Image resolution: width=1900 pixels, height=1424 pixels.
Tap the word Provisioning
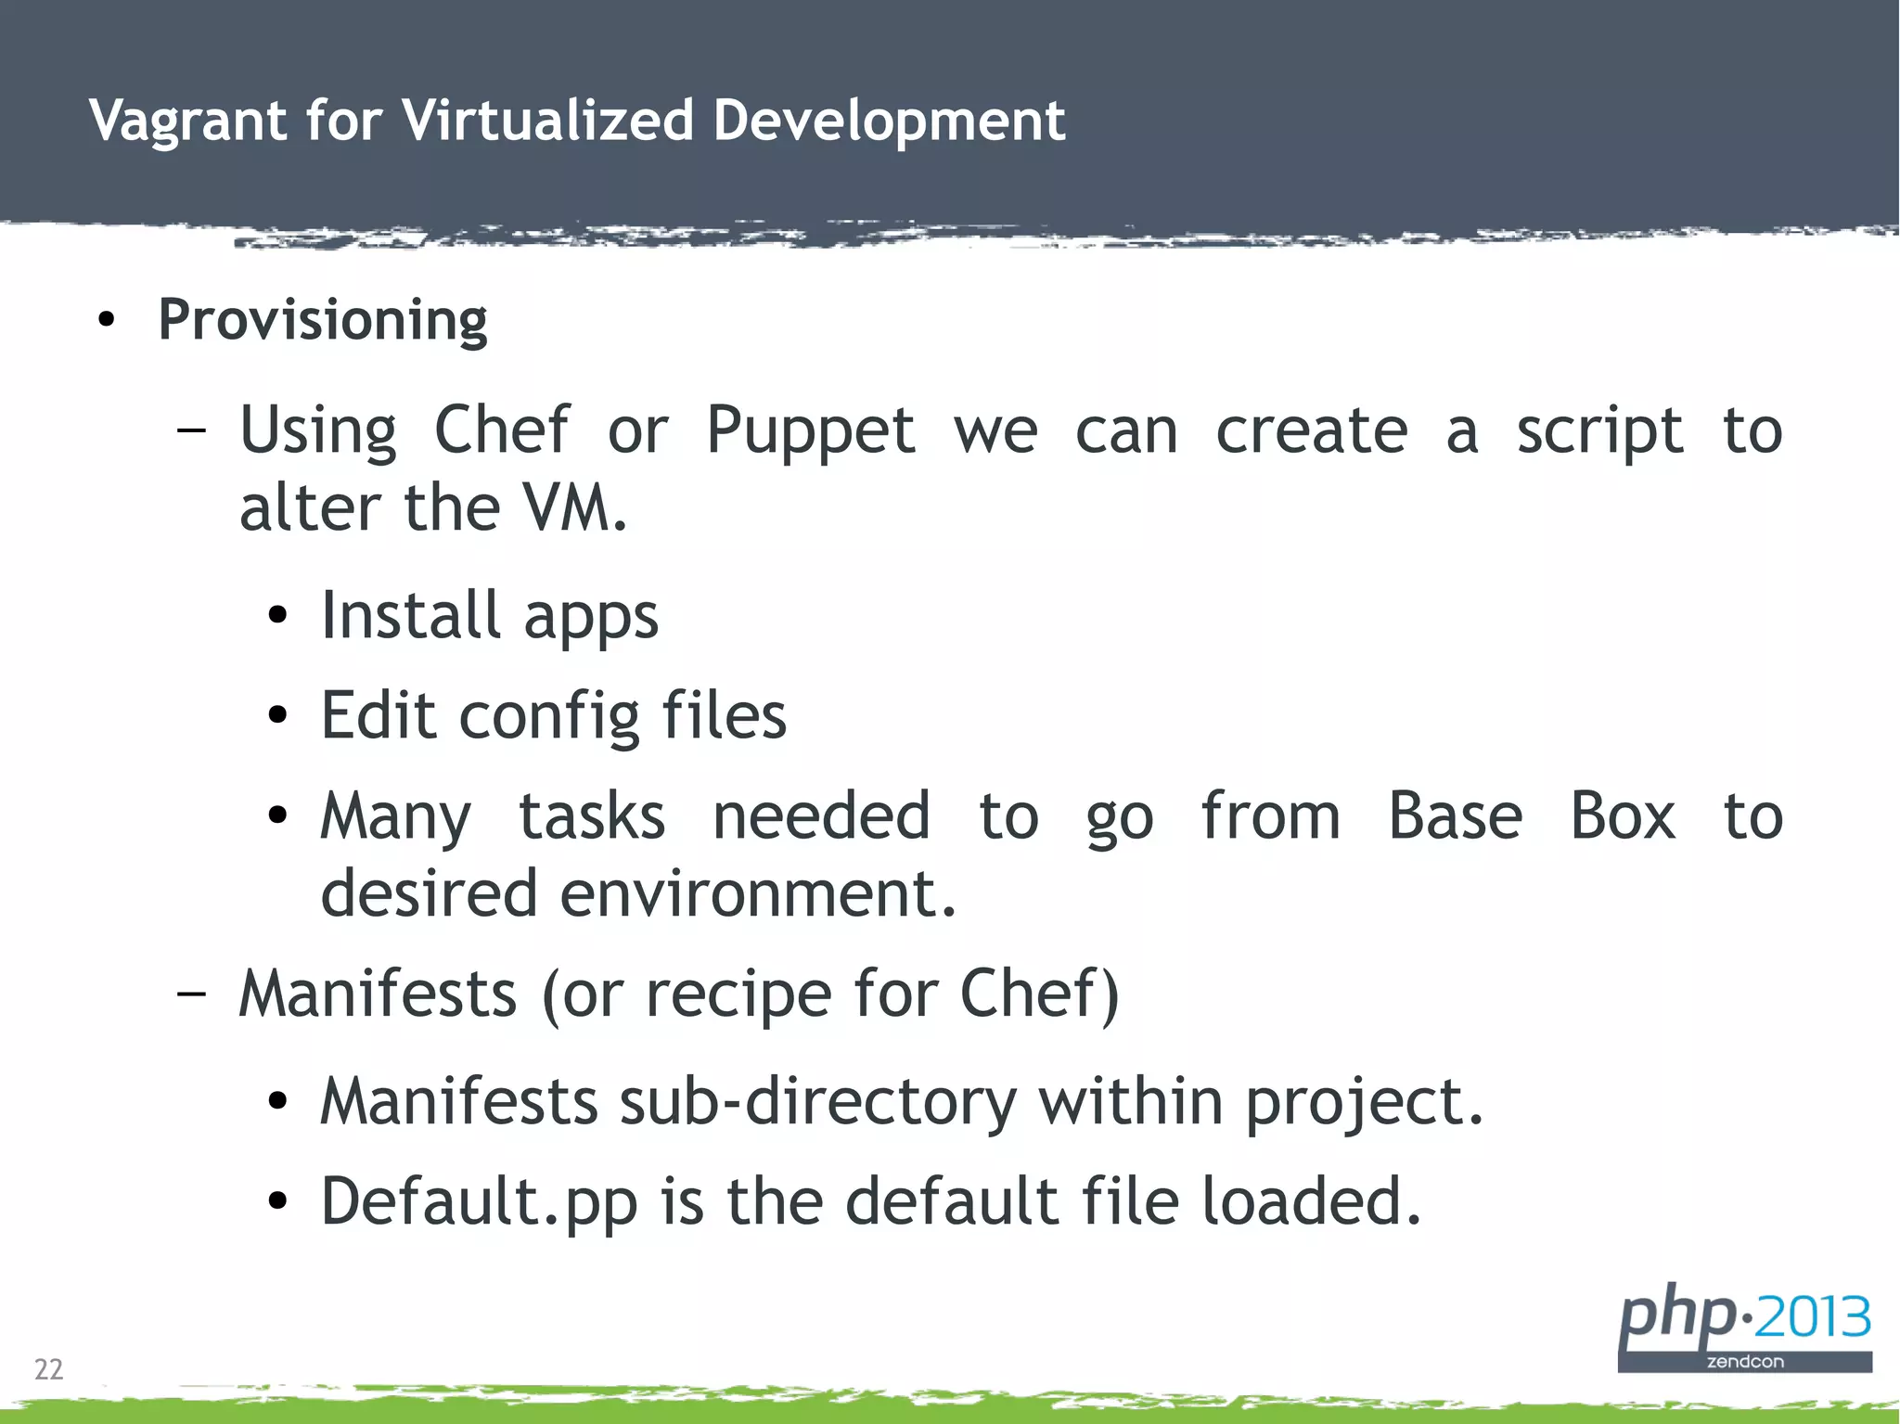(322, 321)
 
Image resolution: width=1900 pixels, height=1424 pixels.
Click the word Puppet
(810, 432)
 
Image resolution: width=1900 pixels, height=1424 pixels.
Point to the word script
(1599, 432)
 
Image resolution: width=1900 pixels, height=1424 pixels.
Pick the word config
(549, 717)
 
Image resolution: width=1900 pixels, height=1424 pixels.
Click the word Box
(1623, 816)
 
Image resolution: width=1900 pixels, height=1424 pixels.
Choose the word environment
(758, 893)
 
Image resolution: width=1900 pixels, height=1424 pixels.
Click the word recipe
(738, 994)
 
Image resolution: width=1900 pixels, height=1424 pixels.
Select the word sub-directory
(817, 1102)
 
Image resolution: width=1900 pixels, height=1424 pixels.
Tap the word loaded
(1311, 1201)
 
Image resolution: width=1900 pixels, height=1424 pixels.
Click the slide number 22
(48, 1369)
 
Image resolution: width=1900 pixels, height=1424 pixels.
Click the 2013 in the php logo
(1812, 1316)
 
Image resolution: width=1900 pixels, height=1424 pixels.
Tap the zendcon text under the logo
(1745, 1362)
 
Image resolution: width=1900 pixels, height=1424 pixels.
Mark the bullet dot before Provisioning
(107, 321)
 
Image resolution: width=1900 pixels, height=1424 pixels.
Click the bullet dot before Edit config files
(277, 715)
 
